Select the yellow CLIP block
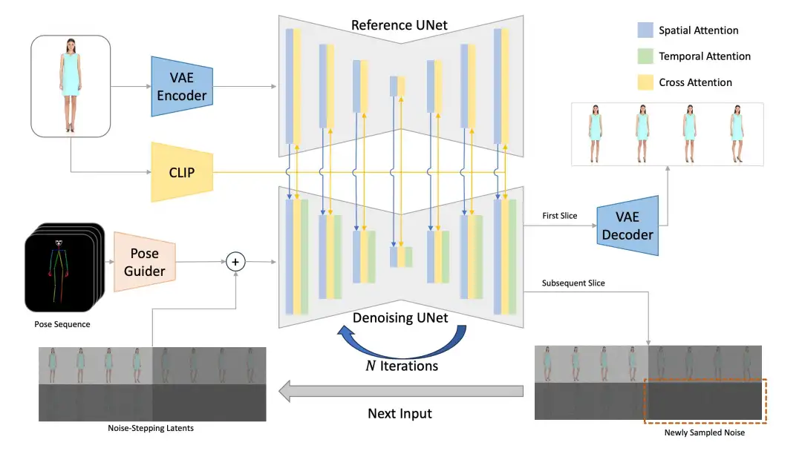tap(182, 172)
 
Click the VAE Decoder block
tap(627, 225)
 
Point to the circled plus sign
tap(235, 261)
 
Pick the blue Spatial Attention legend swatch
tap(645, 30)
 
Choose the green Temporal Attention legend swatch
tap(645, 56)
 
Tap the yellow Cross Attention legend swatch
tap(645, 82)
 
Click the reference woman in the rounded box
tap(71, 85)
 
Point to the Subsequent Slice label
tap(573, 283)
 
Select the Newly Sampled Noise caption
tap(705, 432)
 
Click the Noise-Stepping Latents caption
tap(151, 428)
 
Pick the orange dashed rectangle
tap(704, 402)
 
